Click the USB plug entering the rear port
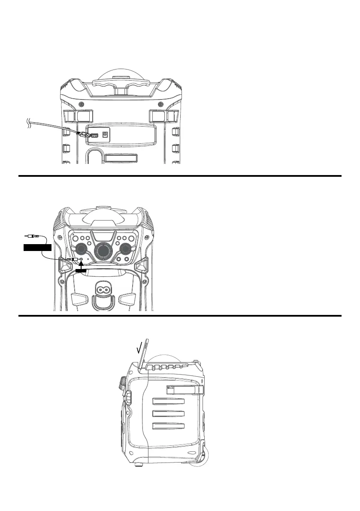coord(85,135)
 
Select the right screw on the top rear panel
coord(160,105)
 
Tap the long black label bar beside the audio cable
coord(37,247)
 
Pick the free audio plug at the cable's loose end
coord(32,236)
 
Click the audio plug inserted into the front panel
coord(70,260)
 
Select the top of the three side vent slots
coord(168,402)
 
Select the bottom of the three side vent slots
coord(168,426)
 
